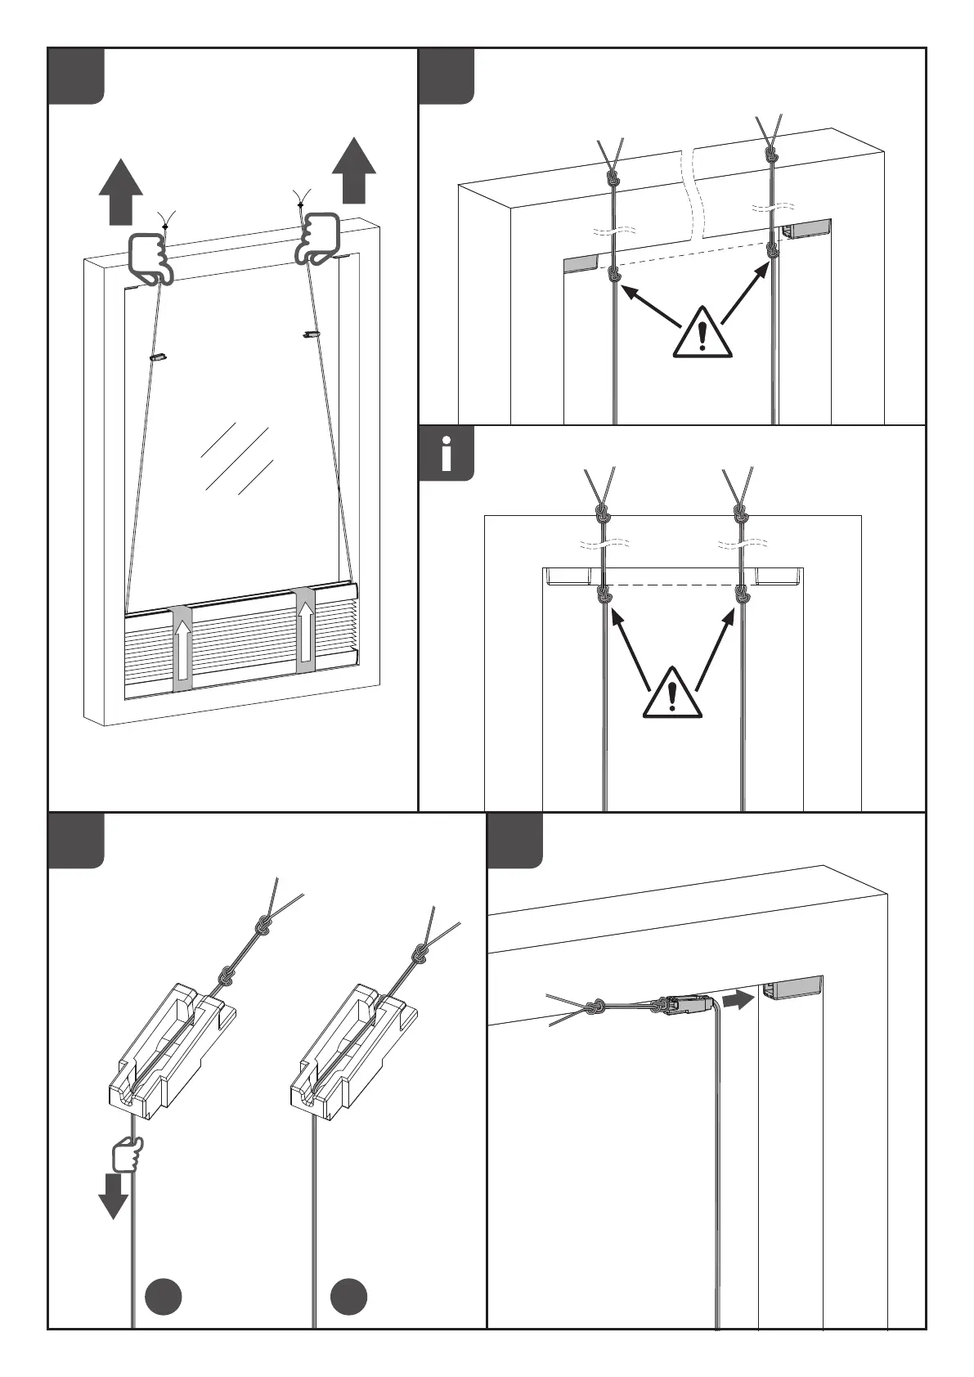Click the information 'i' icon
(446, 454)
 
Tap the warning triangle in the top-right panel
(702, 334)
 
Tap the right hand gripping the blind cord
(320, 237)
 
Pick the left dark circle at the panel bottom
(163, 1297)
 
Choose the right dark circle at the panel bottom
(349, 1297)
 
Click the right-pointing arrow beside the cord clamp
(738, 999)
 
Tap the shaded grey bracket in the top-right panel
(581, 262)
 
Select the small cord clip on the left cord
(158, 357)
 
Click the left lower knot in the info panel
(604, 594)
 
